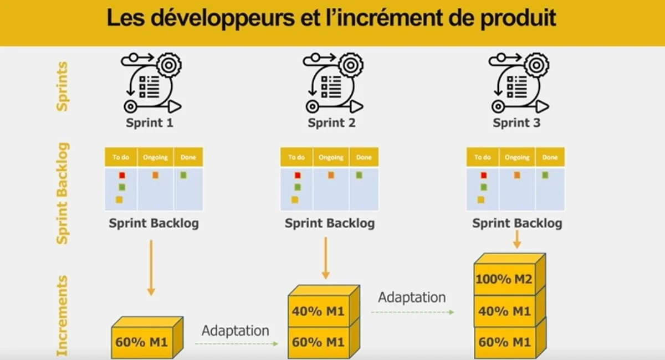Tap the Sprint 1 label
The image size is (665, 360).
[150, 123]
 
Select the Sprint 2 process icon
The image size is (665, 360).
[333, 83]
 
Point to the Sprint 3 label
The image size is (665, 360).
[516, 123]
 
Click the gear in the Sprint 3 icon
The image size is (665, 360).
[536, 65]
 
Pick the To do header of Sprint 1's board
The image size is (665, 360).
[121, 157]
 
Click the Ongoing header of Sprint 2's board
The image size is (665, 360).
[331, 157]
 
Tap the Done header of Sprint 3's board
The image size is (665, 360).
[550, 157]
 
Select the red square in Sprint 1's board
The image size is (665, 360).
[122, 176]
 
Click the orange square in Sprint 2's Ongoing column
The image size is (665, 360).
[331, 176]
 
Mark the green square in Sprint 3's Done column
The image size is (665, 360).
[545, 176]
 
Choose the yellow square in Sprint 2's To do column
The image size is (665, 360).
[295, 200]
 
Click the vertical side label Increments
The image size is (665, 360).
[62, 316]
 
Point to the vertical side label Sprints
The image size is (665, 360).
[62, 86]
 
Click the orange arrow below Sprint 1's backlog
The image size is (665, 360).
[151, 268]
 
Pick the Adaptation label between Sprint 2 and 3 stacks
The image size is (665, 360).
[412, 297]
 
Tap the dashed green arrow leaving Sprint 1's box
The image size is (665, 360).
[237, 344]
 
